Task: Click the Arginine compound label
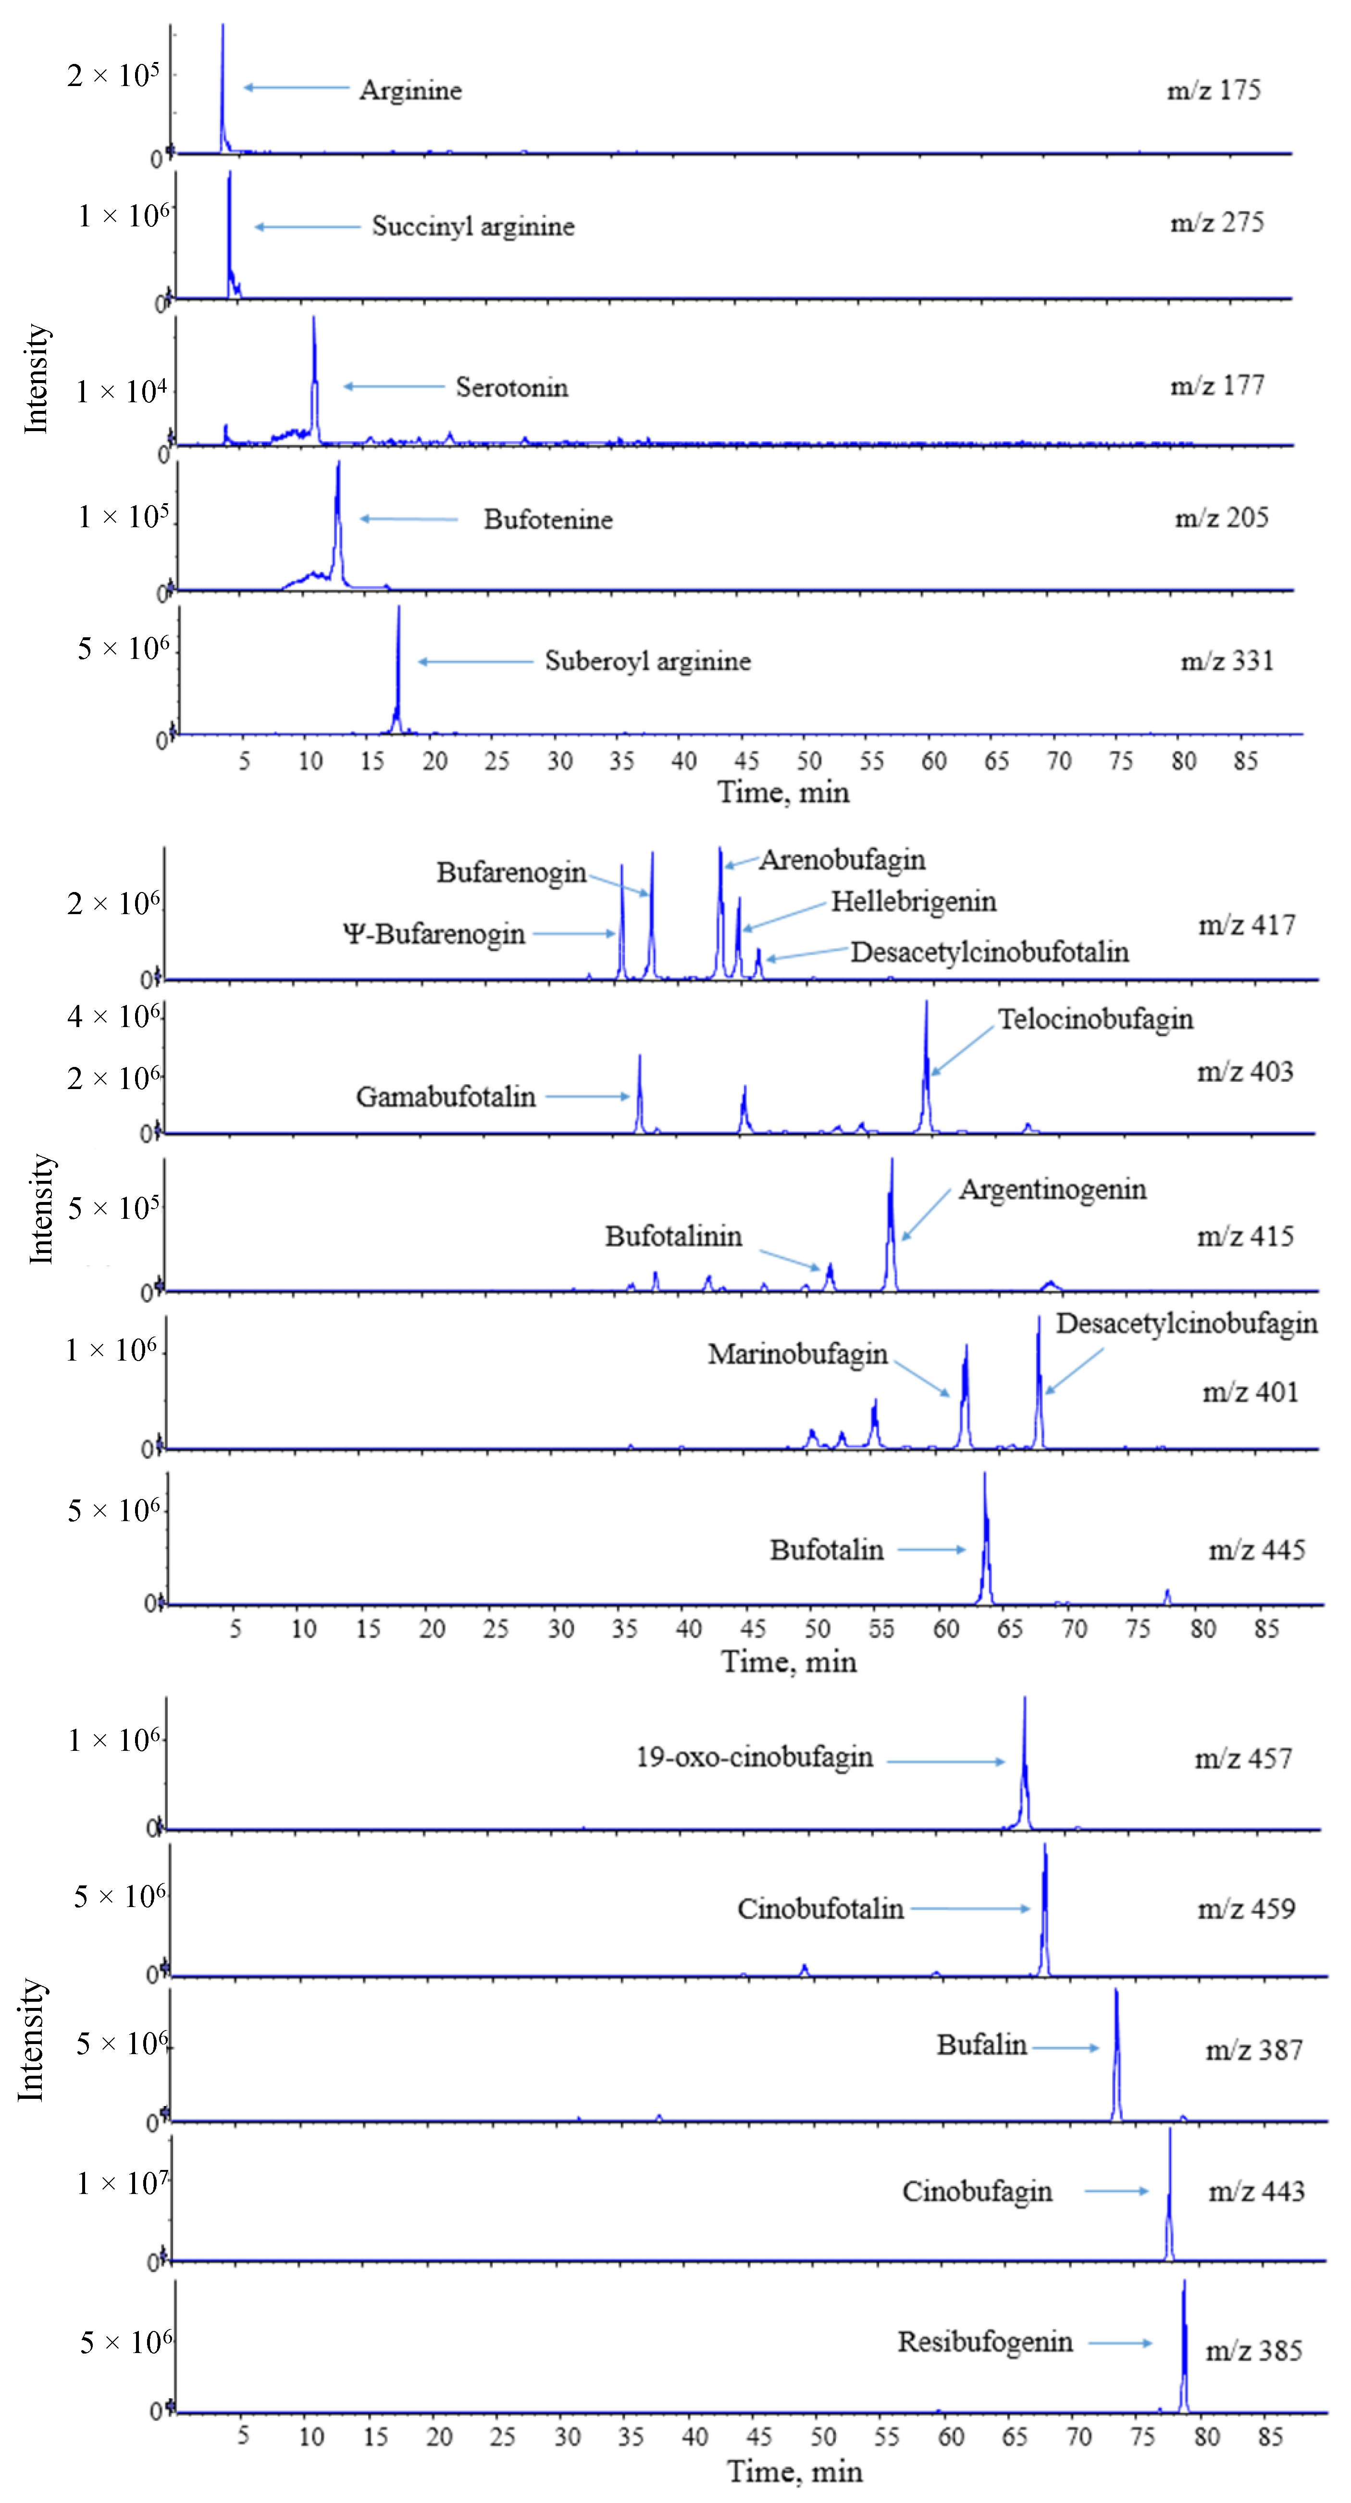point(410,90)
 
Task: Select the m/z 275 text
point(1217,223)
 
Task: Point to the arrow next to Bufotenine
point(408,519)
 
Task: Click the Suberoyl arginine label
point(647,662)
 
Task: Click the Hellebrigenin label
point(913,902)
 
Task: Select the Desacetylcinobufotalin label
point(990,952)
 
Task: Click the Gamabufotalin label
point(445,1097)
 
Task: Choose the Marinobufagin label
point(797,1354)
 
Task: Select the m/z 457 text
point(1243,1759)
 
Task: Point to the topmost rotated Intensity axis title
point(36,379)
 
